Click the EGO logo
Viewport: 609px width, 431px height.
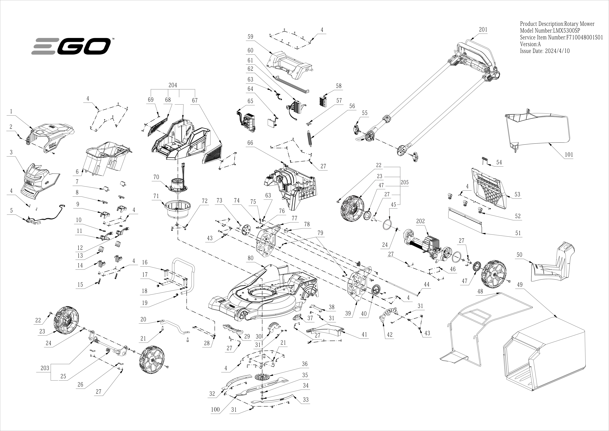[71, 46]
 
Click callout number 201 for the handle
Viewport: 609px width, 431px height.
[483, 30]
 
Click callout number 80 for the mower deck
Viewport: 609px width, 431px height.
[250, 258]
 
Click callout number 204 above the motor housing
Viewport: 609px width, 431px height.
[173, 85]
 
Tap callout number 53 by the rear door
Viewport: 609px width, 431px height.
[517, 194]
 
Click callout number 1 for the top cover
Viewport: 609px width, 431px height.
[11, 111]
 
